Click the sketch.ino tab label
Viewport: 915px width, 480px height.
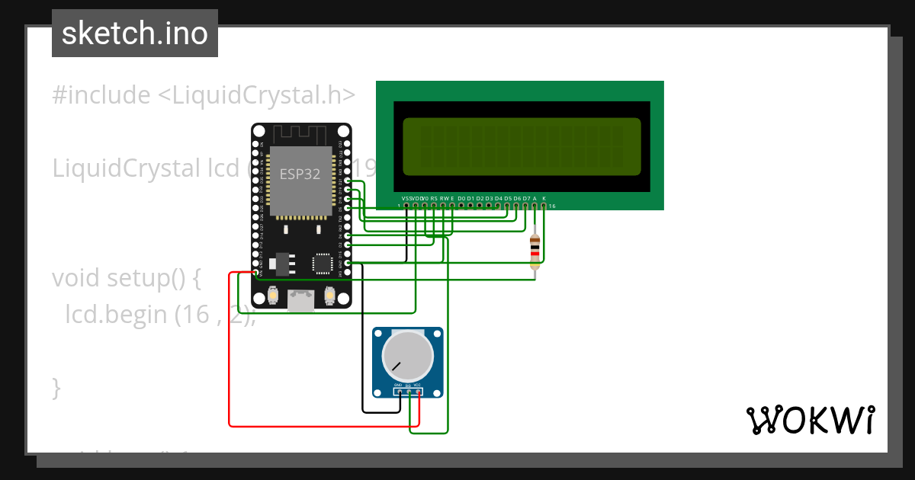click(x=134, y=34)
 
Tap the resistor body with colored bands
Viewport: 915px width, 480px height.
click(x=535, y=251)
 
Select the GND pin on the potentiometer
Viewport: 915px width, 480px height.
click(x=398, y=392)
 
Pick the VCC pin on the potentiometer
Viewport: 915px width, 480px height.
click(x=418, y=392)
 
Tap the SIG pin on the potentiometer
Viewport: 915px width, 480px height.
click(x=408, y=392)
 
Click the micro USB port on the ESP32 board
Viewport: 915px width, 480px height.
click(x=301, y=301)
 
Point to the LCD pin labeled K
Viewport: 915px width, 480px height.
click(x=544, y=205)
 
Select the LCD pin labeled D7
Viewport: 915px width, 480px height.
click(x=525, y=205)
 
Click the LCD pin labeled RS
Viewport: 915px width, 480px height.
click(x=434, y=205)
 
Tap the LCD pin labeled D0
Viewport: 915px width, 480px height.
click(x=461, y=205)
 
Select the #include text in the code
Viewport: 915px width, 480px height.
click(x=101, y=95)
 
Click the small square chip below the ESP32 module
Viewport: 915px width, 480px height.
click(x=322, y=264)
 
